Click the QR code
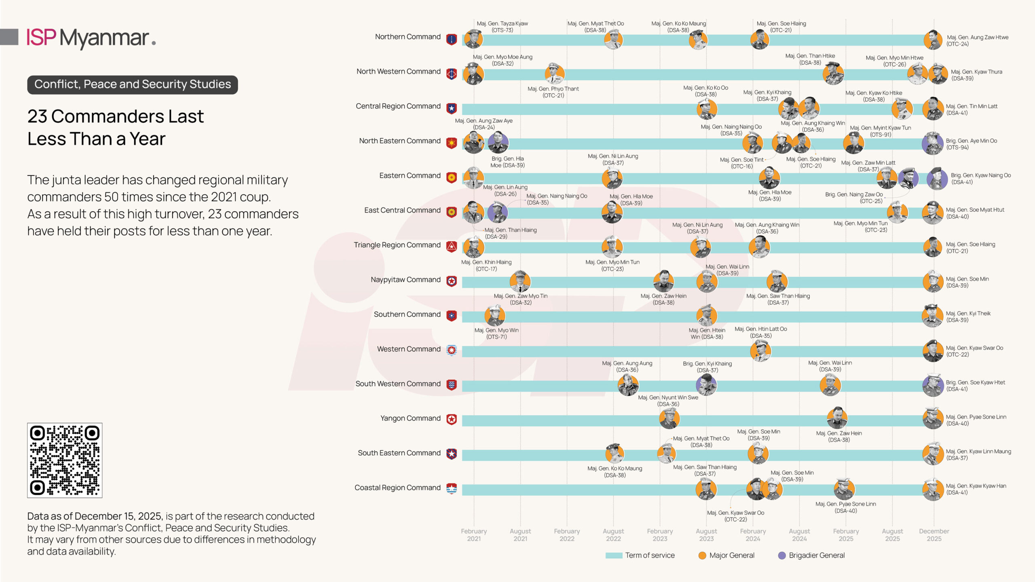pos(65,460)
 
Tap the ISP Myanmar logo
pos(91,38)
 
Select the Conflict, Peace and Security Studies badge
pos(133,84)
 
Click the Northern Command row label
pos(408,37)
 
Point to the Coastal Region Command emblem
pos(452,488)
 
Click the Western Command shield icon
pos(452,350)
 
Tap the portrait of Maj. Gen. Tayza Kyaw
pos(473,39)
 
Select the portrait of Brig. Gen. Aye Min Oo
pos(932,143)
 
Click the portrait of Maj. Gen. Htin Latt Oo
pos(760,350)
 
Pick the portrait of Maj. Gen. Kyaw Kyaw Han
pos(932,489)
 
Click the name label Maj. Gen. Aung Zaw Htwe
pos(977,40)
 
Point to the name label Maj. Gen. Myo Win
pos(496,333)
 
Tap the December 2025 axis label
pos(934,535)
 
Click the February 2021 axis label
pos(474,535)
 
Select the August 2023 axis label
pos(706,535)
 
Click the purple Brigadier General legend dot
pos(782,556)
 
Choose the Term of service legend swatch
pos(614,556)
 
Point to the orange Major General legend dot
pos(702,556)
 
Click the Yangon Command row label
pos(410,418)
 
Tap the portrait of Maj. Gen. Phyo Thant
pos(554,73)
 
